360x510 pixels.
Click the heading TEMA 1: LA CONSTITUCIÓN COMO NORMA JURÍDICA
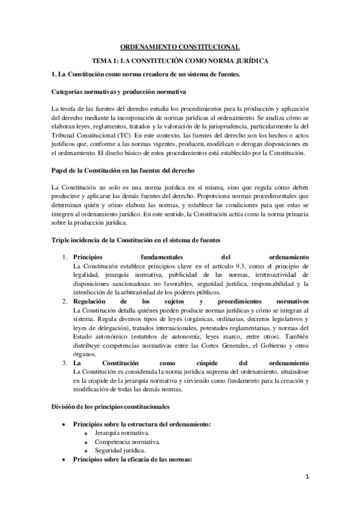[x=180, y=61]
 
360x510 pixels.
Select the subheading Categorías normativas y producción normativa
[x=118, y=91]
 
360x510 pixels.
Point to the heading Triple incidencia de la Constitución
[x=129, y=241]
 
